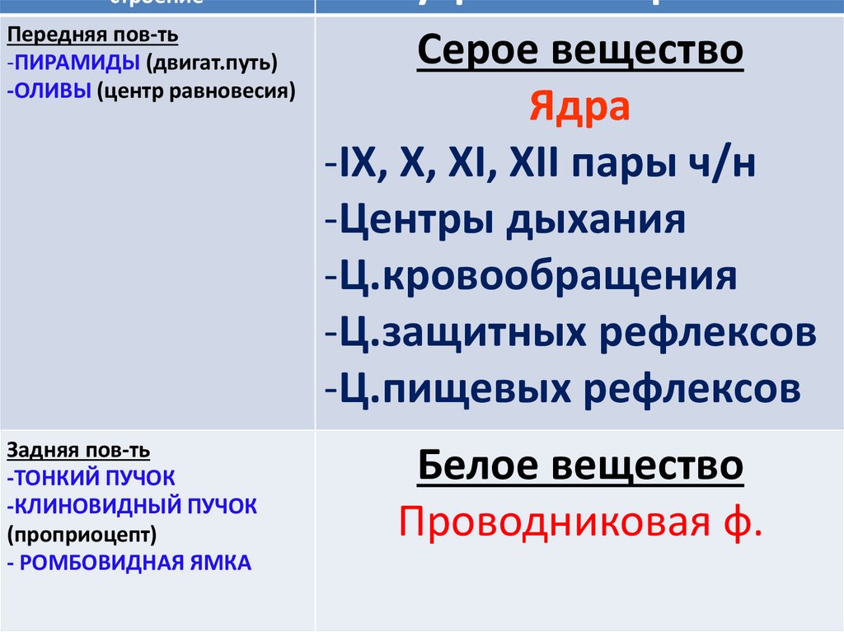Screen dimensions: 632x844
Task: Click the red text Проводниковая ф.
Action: tap(579, 522)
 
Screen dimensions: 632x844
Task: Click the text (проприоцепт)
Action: tap(82, 535)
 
